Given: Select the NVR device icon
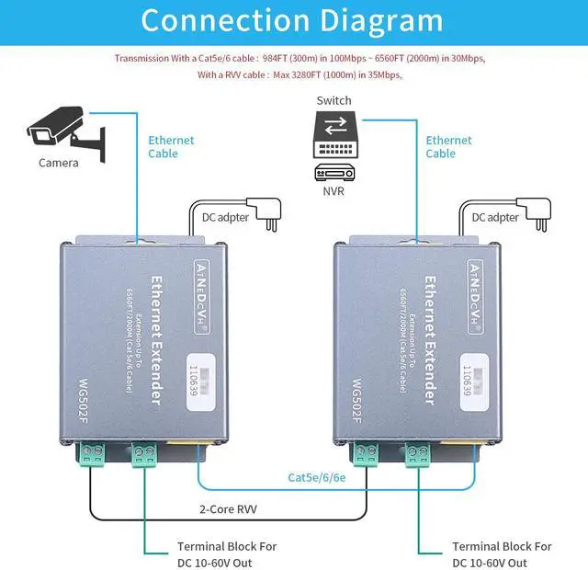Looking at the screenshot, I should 334,172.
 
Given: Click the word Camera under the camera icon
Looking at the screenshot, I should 58,163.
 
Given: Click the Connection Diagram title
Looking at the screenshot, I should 292,20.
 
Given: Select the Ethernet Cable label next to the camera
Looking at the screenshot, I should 172,147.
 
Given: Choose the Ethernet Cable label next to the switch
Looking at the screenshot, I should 448,147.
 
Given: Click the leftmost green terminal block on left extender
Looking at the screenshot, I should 92,454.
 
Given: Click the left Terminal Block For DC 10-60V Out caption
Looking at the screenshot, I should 227,554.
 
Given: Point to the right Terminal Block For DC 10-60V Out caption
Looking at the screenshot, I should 502,554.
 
